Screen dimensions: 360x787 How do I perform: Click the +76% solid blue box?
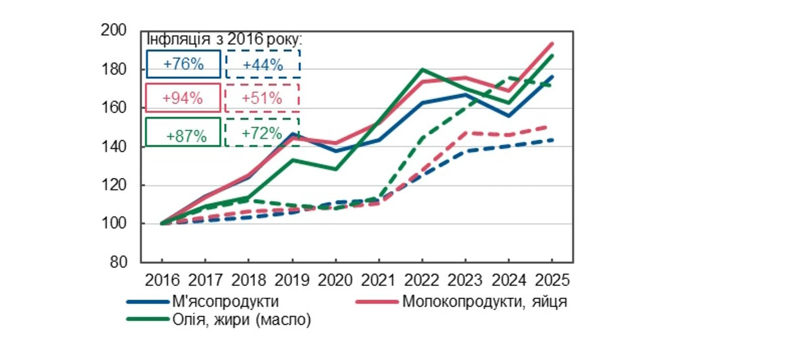click(183, 64)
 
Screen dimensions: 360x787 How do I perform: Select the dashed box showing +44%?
click(263, 64)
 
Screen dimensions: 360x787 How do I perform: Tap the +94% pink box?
click(183, 98)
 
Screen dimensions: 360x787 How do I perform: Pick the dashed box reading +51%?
click(262, 98)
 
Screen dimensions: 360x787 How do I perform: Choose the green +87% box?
click(183, 132)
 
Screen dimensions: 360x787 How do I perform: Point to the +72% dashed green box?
click(262, 132)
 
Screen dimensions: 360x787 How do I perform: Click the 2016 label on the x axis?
click(162, 279)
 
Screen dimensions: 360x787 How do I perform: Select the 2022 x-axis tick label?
click(422, 279)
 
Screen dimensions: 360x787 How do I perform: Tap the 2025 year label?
click(552, 279)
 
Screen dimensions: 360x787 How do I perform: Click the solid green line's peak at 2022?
click(422, 69)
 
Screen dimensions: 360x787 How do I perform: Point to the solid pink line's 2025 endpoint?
click(552, 44)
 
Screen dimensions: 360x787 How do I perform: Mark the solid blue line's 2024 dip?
click(509, 116)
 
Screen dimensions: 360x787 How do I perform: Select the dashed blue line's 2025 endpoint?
click(552, 140)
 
